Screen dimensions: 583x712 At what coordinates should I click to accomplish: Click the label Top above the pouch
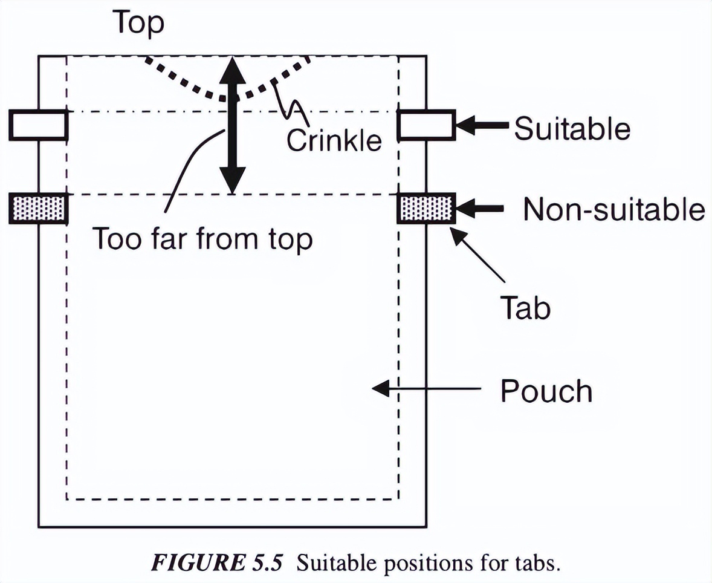[138, 24]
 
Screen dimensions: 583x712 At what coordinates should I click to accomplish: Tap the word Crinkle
[334, 140]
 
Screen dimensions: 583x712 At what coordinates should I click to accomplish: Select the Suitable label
[572, 128]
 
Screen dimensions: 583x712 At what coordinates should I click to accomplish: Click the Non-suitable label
[613, 210]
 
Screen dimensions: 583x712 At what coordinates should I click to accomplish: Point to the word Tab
[525, 308]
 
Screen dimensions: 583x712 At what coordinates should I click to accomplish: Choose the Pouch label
[546, 391]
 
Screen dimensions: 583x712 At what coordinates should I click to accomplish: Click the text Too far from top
[202, 239]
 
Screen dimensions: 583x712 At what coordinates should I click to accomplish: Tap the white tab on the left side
[37, 125]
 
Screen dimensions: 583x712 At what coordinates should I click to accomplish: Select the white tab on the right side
[426, 125]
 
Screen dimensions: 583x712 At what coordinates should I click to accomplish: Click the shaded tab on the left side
[37, 209]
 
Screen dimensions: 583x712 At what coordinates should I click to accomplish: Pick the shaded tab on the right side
[426, 209]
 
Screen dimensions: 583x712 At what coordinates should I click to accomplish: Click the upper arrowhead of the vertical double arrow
[232, 70]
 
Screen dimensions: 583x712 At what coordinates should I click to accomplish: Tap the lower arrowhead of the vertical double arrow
[232, 180]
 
